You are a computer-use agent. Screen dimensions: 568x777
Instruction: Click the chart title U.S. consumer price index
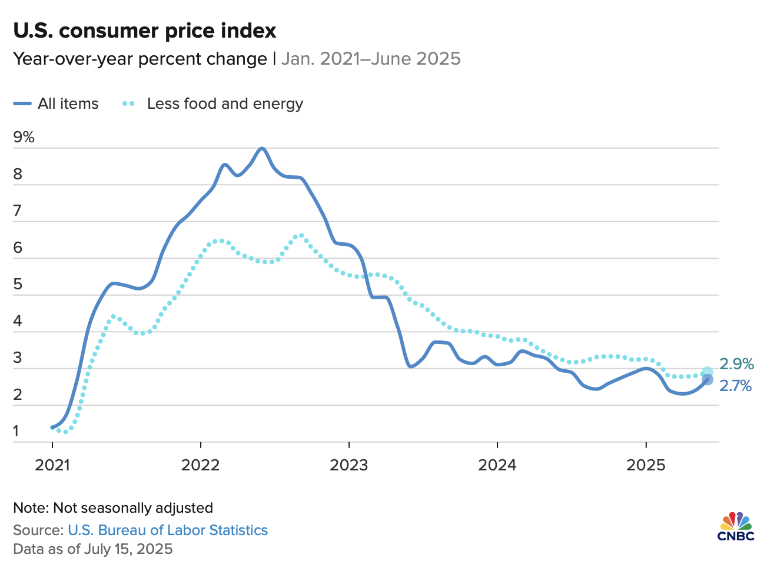(x=145, y=31)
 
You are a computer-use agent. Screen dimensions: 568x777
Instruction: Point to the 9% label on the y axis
(x=24, y=138)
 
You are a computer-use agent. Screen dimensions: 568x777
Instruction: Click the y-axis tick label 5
(x=18, y=285)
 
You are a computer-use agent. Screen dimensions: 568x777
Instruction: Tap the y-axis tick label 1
(x=16, y=431)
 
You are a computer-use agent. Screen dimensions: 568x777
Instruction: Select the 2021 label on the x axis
(x=52, y=465)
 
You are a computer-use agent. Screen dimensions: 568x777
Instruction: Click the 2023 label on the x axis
(x=349, y=465)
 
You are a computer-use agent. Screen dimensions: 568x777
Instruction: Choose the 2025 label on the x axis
(x=646, y=465)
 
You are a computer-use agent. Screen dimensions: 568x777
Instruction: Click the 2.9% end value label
(x=736, y=364)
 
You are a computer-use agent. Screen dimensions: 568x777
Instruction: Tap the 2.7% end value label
(x=736, y=386)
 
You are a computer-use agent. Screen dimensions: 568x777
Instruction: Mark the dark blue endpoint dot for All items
(x=708, y=380)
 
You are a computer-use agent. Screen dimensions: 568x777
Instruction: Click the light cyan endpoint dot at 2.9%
(x=708, y=372)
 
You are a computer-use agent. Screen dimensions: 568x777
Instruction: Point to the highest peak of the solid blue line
(x=262, y=148)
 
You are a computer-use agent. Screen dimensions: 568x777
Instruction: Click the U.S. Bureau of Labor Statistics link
(x=168, y=530)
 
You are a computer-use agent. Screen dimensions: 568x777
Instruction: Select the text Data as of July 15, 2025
(x=93, y=549)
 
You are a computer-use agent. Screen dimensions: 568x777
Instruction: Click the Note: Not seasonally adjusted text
(x=113, y=508)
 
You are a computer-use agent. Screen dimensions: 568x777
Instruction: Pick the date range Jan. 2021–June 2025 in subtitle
(x=371, y=59)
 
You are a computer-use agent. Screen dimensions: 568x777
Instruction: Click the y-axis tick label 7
(x=18, y=211)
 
